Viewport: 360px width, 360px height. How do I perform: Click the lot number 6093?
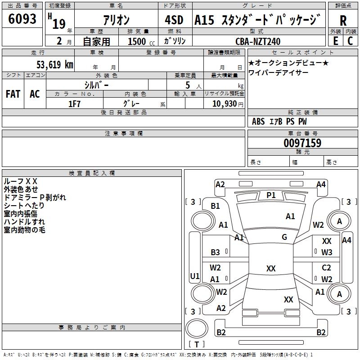tap(22, 19)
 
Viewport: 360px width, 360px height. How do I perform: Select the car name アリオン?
tap(117, 20)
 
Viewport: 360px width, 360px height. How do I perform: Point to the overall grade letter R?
tap(343, 21)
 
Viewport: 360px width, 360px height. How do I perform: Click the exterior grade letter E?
tap(335, 40)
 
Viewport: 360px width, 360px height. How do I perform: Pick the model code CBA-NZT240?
tap(258, 41)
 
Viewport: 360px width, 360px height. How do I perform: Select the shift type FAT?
tap(13, 94)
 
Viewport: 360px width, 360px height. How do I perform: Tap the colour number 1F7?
tap(74, 103)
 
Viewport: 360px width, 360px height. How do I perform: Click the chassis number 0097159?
tap(302, 143)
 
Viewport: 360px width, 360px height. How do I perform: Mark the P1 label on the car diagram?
tap(271, 195)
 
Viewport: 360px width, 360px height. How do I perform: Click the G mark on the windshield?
tap(284, 237)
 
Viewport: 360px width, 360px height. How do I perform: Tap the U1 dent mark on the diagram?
tap(195, 275)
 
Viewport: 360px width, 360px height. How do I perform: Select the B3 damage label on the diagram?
tap(216, 252)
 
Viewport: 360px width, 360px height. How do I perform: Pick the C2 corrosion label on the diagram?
tap(327, 268)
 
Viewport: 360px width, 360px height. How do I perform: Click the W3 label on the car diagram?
tap(327, 252)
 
